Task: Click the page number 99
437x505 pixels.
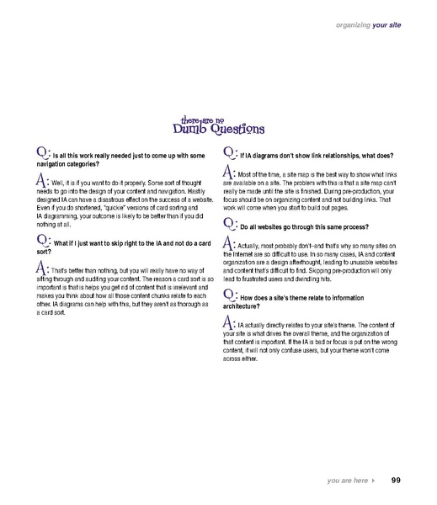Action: (x=395, y=481)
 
